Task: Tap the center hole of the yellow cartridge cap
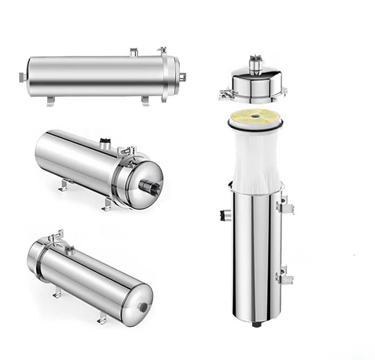255,113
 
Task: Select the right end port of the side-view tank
182,76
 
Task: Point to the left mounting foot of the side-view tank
50,101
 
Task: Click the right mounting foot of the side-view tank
146,101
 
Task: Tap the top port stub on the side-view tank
133,52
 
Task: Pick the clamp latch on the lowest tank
57,237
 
